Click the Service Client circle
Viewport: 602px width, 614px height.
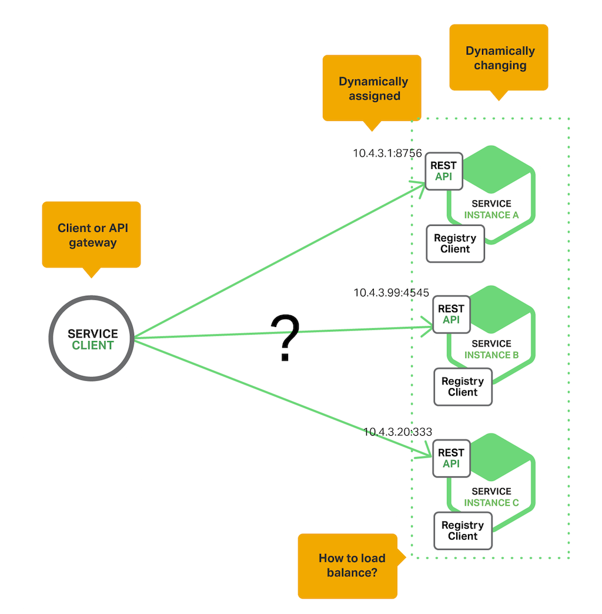click(x=92, y=338)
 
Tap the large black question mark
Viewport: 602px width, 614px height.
click(x=285, y=338)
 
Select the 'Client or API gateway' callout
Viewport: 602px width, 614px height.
click(x=91, y=235)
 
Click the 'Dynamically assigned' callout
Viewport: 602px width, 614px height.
click(x=372, y=88)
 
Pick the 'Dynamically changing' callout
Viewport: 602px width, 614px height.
click(x=499, y=58)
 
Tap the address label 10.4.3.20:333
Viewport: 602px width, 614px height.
click(x=397, y=432)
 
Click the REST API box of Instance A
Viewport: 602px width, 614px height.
click(x=444, y=171)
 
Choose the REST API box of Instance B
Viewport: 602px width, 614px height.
click(x=451, y=314)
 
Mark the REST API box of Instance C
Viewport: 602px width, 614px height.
click(x=451, y=458)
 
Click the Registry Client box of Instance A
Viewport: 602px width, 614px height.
click(x=455, y=243)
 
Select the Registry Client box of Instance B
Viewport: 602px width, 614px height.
click(x=463, y=387)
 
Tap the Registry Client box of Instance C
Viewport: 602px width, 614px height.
click(x=463, y=530)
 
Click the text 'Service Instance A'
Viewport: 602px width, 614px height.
click(x=491, y=209)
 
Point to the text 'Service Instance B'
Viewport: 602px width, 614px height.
click(x=491, y=349)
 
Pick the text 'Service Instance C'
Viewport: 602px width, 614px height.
click(x=491, y=497)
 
